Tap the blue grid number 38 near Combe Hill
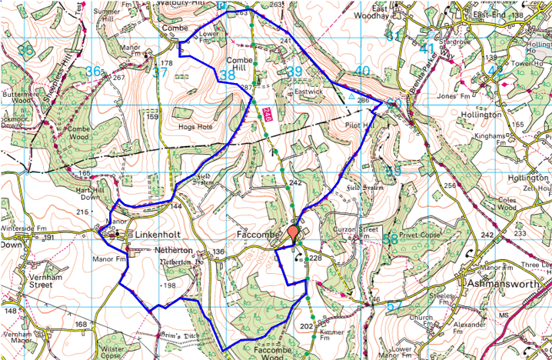[227, 75]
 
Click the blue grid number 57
[394, 306]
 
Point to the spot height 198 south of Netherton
[169, 285]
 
